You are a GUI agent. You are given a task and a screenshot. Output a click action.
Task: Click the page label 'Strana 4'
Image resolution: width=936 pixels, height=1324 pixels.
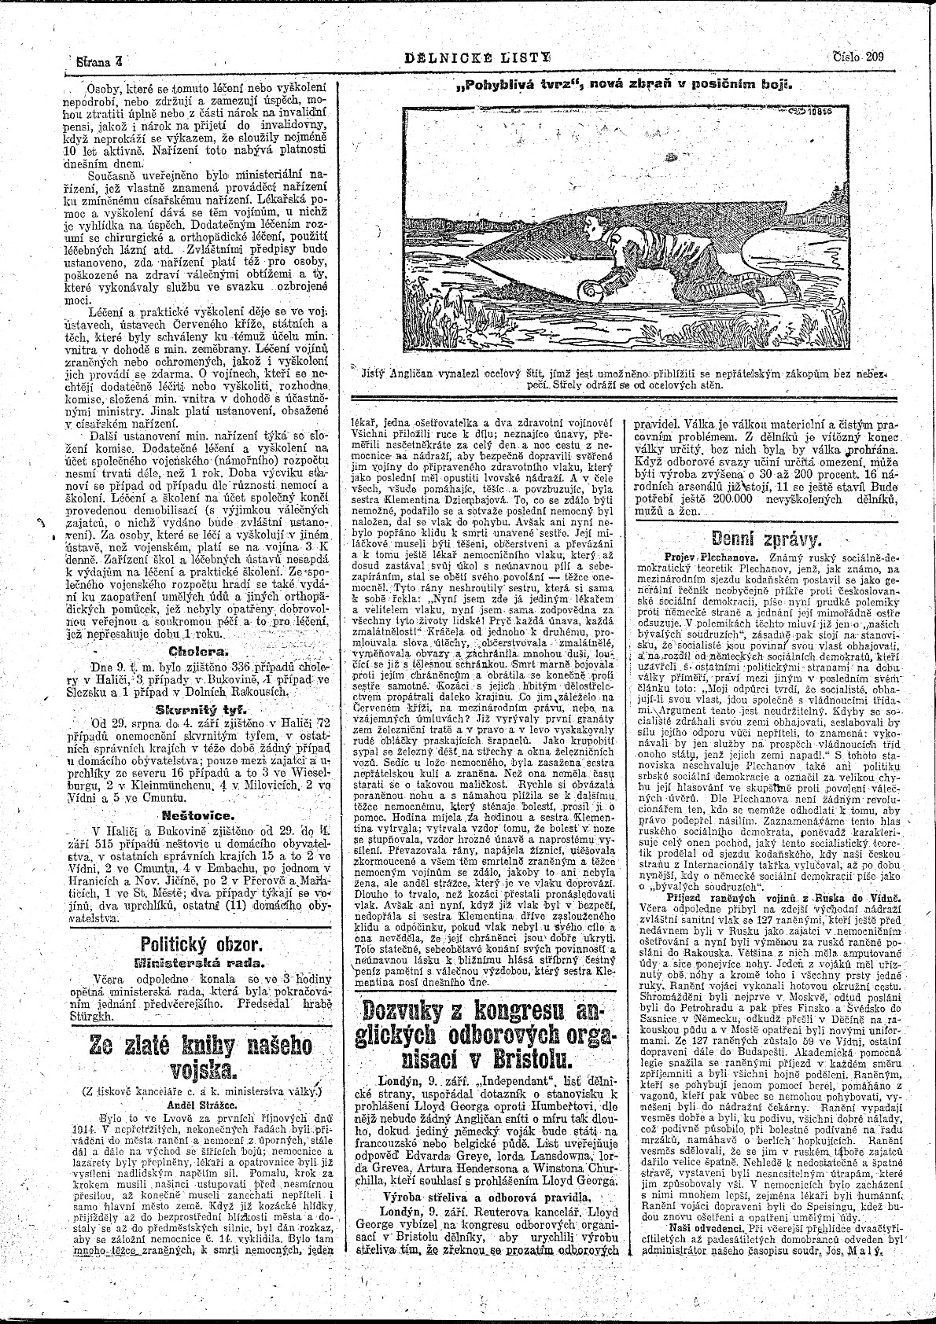click(98, 59)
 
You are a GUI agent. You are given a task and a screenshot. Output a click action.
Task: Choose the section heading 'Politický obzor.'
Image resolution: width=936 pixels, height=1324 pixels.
click(201, 944)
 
